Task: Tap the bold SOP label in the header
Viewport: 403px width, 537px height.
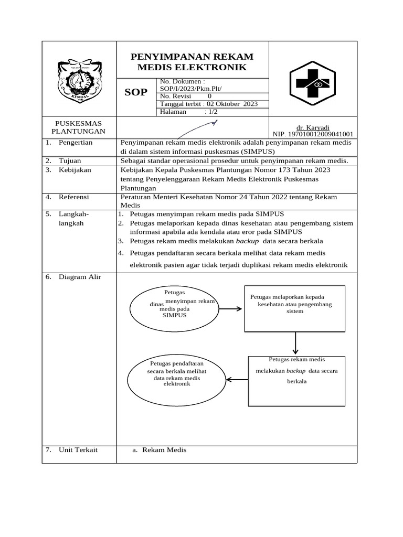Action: (135, 93)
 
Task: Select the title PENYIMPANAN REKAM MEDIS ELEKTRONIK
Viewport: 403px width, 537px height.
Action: (192, 62)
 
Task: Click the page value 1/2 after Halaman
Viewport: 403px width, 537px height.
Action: (212, 112)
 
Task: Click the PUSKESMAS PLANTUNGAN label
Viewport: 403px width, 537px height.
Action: (79, 127)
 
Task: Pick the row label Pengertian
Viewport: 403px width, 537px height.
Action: (76, 142)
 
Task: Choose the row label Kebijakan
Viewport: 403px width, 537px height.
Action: (75, 170)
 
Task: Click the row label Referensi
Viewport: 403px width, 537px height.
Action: (74, 197)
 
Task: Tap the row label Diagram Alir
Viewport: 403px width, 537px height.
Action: (80, 276)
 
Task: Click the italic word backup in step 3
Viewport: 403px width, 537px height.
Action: (247, 241)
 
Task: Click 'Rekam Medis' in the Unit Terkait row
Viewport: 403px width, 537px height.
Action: (164, 449)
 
